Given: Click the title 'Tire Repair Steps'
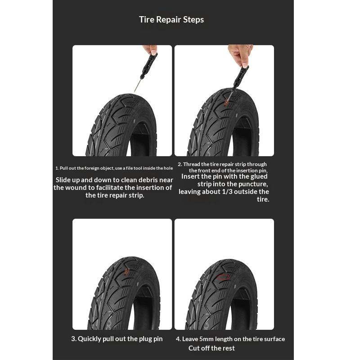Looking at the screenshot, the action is [171, 19].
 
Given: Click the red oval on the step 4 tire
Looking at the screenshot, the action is [224, 278].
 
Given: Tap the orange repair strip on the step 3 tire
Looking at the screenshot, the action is [126, 272].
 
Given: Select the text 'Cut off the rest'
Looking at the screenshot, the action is [211, 348].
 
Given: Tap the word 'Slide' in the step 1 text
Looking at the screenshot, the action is [63, 180].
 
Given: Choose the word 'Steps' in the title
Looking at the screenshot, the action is [193, 20].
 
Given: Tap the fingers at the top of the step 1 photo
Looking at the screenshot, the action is [150, 49].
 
